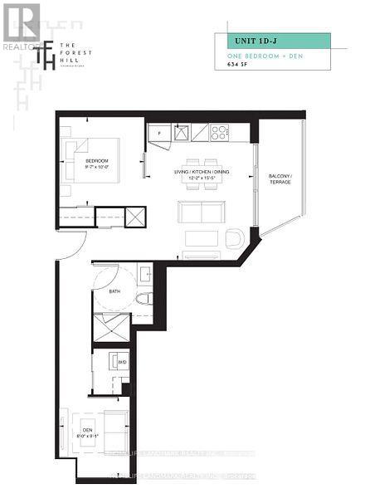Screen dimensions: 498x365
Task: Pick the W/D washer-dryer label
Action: point(121,362)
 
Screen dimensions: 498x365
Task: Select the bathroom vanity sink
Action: point(144,274)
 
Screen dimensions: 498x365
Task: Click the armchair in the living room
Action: point(234,239)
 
